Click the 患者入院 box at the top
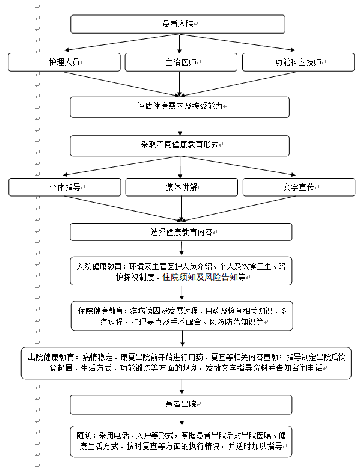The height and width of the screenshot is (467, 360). click(x=178, y=24)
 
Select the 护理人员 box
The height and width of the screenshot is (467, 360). click(x=64, y=63)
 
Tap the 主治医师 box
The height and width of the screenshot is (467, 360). click(x=181, y=63)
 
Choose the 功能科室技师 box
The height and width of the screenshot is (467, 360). click(x=298, y=63)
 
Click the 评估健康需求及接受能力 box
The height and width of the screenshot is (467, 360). click(x=180, y=107)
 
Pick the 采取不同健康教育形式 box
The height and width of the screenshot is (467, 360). click(x=180, y=145)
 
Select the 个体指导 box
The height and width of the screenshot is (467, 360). click(x=65, y=187)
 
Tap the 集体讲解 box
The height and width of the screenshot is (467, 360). click(x=182, y=187)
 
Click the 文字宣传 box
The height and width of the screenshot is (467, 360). click(x=299, y=187)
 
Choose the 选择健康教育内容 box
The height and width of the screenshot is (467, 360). click(x=181, y=232)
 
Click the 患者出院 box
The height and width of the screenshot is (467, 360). click(x=181, y=404)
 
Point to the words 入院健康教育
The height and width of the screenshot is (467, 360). click(x=99, y=266)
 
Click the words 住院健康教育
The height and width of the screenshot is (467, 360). click(x=100, y=311)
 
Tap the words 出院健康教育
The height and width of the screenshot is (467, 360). click(x=50, y=357)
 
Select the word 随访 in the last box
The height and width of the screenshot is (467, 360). click(x=84, y=435)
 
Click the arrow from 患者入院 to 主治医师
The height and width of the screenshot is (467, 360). click(x=179, y=43)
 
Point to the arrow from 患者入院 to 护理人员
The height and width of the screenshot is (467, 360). click(x=121, y=42)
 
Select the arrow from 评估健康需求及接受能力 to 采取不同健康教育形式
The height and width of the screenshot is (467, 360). click(x=180, y=126)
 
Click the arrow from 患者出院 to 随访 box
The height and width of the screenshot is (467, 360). click(x=182, y=420)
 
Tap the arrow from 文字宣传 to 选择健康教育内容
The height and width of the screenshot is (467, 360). click(x=238, y=209)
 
